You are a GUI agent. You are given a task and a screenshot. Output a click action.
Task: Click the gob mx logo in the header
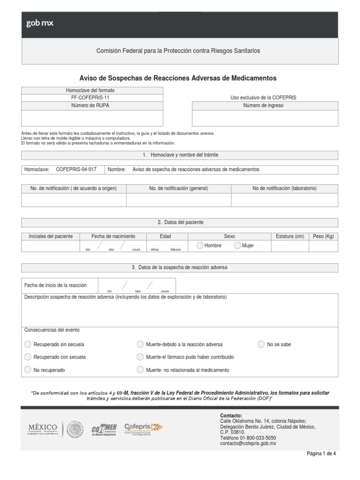tap(40, 23)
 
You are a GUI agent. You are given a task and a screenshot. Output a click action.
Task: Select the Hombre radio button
tap(200, 245)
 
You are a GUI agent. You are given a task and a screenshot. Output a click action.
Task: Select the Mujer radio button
tap(238, 245)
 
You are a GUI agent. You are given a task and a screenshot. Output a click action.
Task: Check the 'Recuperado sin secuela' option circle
tap(28, 345)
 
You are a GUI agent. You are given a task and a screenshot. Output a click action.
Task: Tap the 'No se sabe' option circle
tap(261, 345)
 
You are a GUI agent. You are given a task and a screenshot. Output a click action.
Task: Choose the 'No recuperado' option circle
tap(28, 370)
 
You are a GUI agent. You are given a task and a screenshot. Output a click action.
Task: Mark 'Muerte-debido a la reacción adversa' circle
tap(140, 345)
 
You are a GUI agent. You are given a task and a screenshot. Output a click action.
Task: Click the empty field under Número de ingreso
tap(265, 118)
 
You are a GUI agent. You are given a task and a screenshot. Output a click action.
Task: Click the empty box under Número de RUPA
tap(92, 118)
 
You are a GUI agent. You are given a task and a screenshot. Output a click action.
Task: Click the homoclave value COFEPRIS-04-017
tap(76, 170)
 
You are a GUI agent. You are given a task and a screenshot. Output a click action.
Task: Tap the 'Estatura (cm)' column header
tap(290, 236)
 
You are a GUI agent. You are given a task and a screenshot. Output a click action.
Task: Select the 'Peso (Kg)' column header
tap(323, 236)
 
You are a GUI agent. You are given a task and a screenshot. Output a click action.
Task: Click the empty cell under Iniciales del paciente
tap(51, 246)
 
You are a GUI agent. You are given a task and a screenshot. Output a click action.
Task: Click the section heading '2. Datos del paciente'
tap(180, 222)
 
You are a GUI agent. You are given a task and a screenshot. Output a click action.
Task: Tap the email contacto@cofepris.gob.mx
tap(248, 443)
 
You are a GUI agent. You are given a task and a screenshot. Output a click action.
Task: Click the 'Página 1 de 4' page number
tap(321, 454)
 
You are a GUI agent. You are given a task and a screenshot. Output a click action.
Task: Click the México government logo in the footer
tap(43, 429)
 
